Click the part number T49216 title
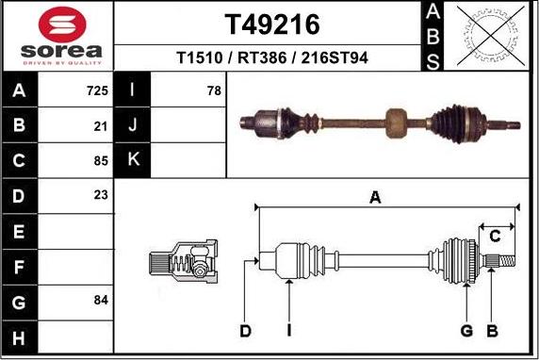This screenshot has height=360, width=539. pos(271,24)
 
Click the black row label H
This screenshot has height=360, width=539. pos(19,335)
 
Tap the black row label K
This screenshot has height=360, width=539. pos(132,160)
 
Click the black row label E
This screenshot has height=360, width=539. pos(19,230)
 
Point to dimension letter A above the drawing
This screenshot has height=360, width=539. pos(375,197)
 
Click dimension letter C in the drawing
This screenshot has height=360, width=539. pos(494,236)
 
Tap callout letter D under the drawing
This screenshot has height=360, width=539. pos(245,330)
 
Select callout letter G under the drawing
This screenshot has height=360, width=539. pos(465,330)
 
